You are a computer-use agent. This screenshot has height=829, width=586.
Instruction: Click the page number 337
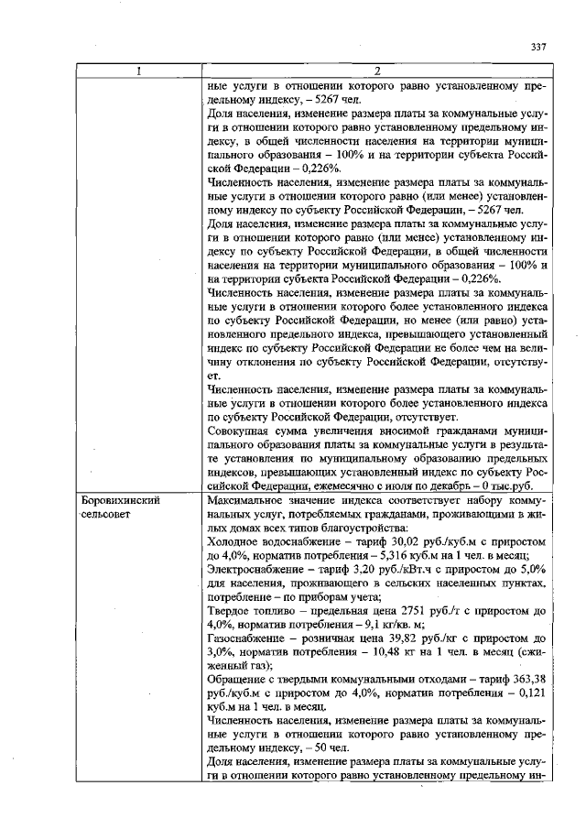pos(538,48)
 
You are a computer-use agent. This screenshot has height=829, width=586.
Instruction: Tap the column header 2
pos(376,71)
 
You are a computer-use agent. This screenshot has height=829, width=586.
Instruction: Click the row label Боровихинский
pos(117,503)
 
